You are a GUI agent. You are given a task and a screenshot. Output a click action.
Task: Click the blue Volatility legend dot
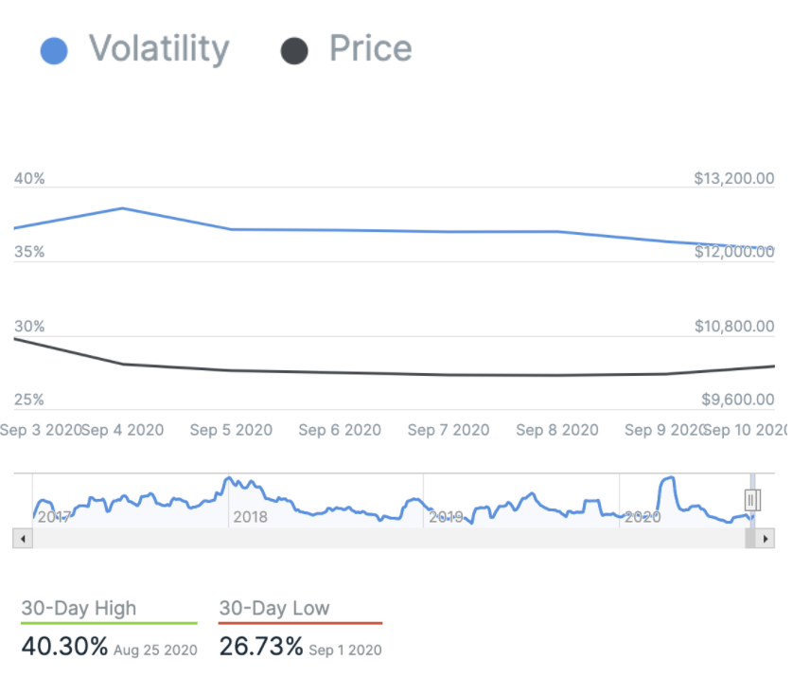click(54, 50)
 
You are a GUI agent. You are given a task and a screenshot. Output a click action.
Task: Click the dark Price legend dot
click(294, 50)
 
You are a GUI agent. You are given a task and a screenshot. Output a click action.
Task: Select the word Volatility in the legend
click(159, 48)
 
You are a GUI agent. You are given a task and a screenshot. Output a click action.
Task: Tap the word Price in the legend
click(370, 48)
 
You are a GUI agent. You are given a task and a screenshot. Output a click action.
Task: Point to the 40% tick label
click(29, 179)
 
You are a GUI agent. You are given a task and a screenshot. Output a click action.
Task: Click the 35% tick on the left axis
click(29, 253)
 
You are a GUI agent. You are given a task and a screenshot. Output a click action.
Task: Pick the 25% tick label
click(29, 401)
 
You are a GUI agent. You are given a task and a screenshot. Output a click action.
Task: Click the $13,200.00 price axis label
click(733, 179)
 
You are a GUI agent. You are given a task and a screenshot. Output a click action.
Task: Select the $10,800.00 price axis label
click(733, 327)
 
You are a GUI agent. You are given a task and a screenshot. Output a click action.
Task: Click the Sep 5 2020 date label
click(231, 430)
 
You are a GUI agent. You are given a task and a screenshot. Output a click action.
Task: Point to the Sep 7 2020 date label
click(449, 430)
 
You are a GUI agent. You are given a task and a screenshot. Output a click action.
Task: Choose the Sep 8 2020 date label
click(557, 430)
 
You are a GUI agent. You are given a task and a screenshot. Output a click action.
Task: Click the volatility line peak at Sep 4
click(123, 208)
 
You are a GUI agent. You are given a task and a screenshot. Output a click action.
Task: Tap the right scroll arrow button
click(766, 539)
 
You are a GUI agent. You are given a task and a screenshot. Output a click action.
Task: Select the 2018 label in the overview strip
click(250, 517)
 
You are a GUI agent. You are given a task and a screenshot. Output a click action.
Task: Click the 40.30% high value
click(64, 648)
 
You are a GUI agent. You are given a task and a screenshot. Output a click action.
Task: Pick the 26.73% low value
click(261, 648)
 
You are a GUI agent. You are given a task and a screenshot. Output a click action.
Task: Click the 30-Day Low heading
click(274, 608)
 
